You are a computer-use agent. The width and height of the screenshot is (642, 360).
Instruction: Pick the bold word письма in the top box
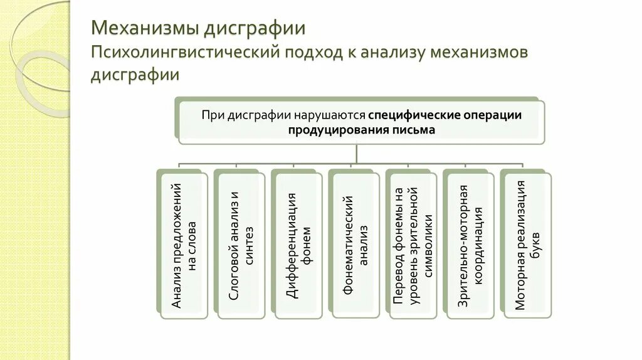414,130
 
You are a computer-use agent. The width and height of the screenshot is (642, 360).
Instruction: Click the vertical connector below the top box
356,154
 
